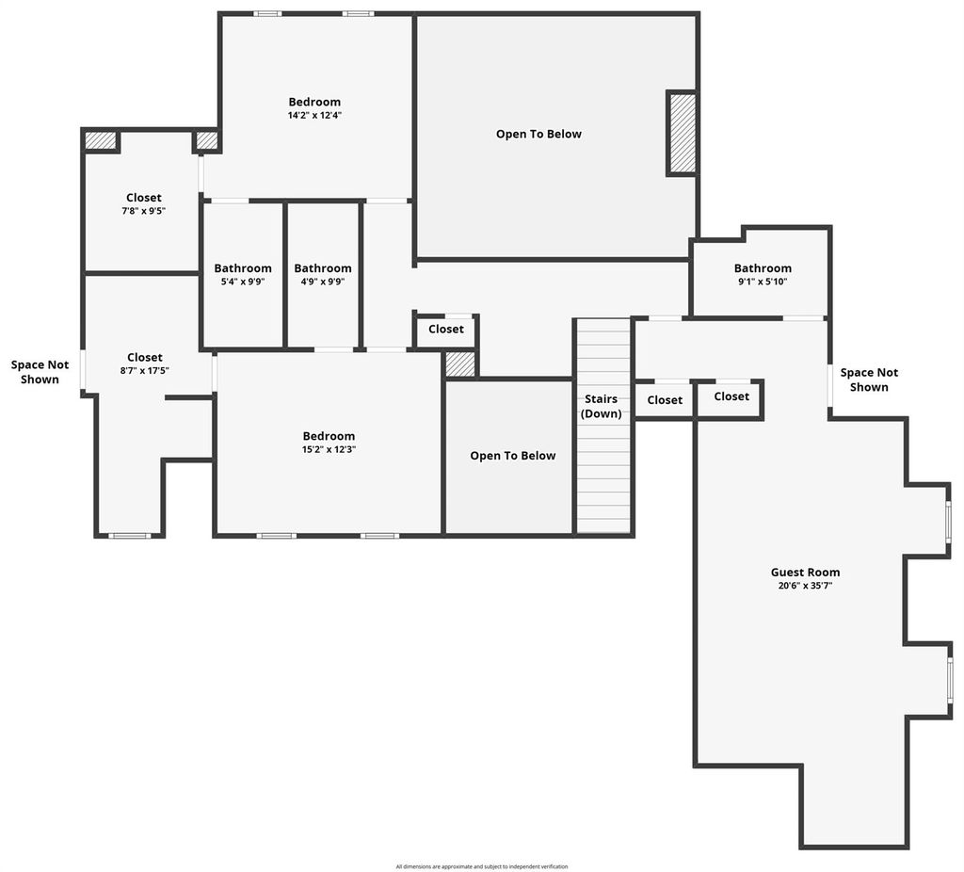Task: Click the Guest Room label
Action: coord(805,572)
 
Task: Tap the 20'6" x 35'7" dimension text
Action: coord(805,586)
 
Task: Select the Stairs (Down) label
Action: coord(601,406)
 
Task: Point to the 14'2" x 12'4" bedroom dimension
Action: coord(314,115)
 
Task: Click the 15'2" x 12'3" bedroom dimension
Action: coord(329,449)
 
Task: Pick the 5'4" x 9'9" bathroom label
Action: coord(243,282)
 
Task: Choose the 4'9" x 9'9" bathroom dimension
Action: coord(323,282)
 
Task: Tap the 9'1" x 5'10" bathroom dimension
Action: coord(763,282)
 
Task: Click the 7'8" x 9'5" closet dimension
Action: coord(144,211)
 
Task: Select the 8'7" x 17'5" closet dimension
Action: coord(144,370)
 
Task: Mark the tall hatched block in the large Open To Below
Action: coord(683,134)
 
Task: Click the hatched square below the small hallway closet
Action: coord(460,364)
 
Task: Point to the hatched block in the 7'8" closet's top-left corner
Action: coord(100,140)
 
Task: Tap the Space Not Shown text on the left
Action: coord(40,372)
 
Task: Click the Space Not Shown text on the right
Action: coord(869,379)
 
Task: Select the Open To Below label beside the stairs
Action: coord(513,456)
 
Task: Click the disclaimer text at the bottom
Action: coord(482,866)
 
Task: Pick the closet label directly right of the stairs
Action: coord(665,400)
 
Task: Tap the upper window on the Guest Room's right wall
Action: coord(949,522)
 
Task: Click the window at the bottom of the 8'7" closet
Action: coord(130,536)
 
